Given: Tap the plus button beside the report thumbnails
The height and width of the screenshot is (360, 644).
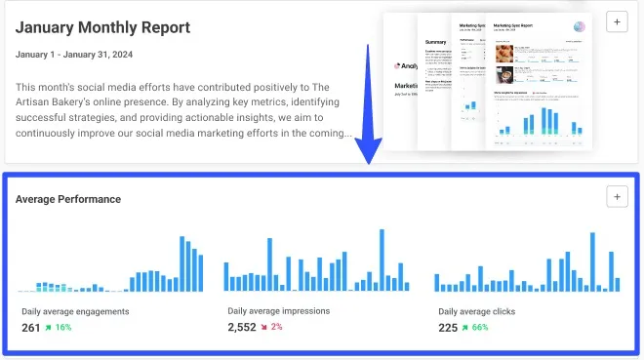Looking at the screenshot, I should pyautogui.click(x=616, y=21).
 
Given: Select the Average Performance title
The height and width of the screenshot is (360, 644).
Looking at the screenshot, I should pyautogui.click(x=68, y=199).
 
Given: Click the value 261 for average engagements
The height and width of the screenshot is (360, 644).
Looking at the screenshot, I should pyautogui.click(x=31, y=328).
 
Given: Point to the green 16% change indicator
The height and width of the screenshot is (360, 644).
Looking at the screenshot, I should pyautogui.click(x=59, y=328).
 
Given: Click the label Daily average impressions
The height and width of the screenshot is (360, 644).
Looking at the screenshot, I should pyautogui.click(x=278, y=311).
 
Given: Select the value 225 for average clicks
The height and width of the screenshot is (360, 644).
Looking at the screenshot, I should pyautogui.click(x=448, y=328).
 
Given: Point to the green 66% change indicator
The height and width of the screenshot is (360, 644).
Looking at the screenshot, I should pyautogui.click(x=474, y=328).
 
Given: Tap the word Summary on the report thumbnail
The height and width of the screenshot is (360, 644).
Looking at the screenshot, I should pyautogui.click(x=435, y=42).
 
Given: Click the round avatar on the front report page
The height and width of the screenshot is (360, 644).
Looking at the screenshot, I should pyautogui.click(x=579, y=26).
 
